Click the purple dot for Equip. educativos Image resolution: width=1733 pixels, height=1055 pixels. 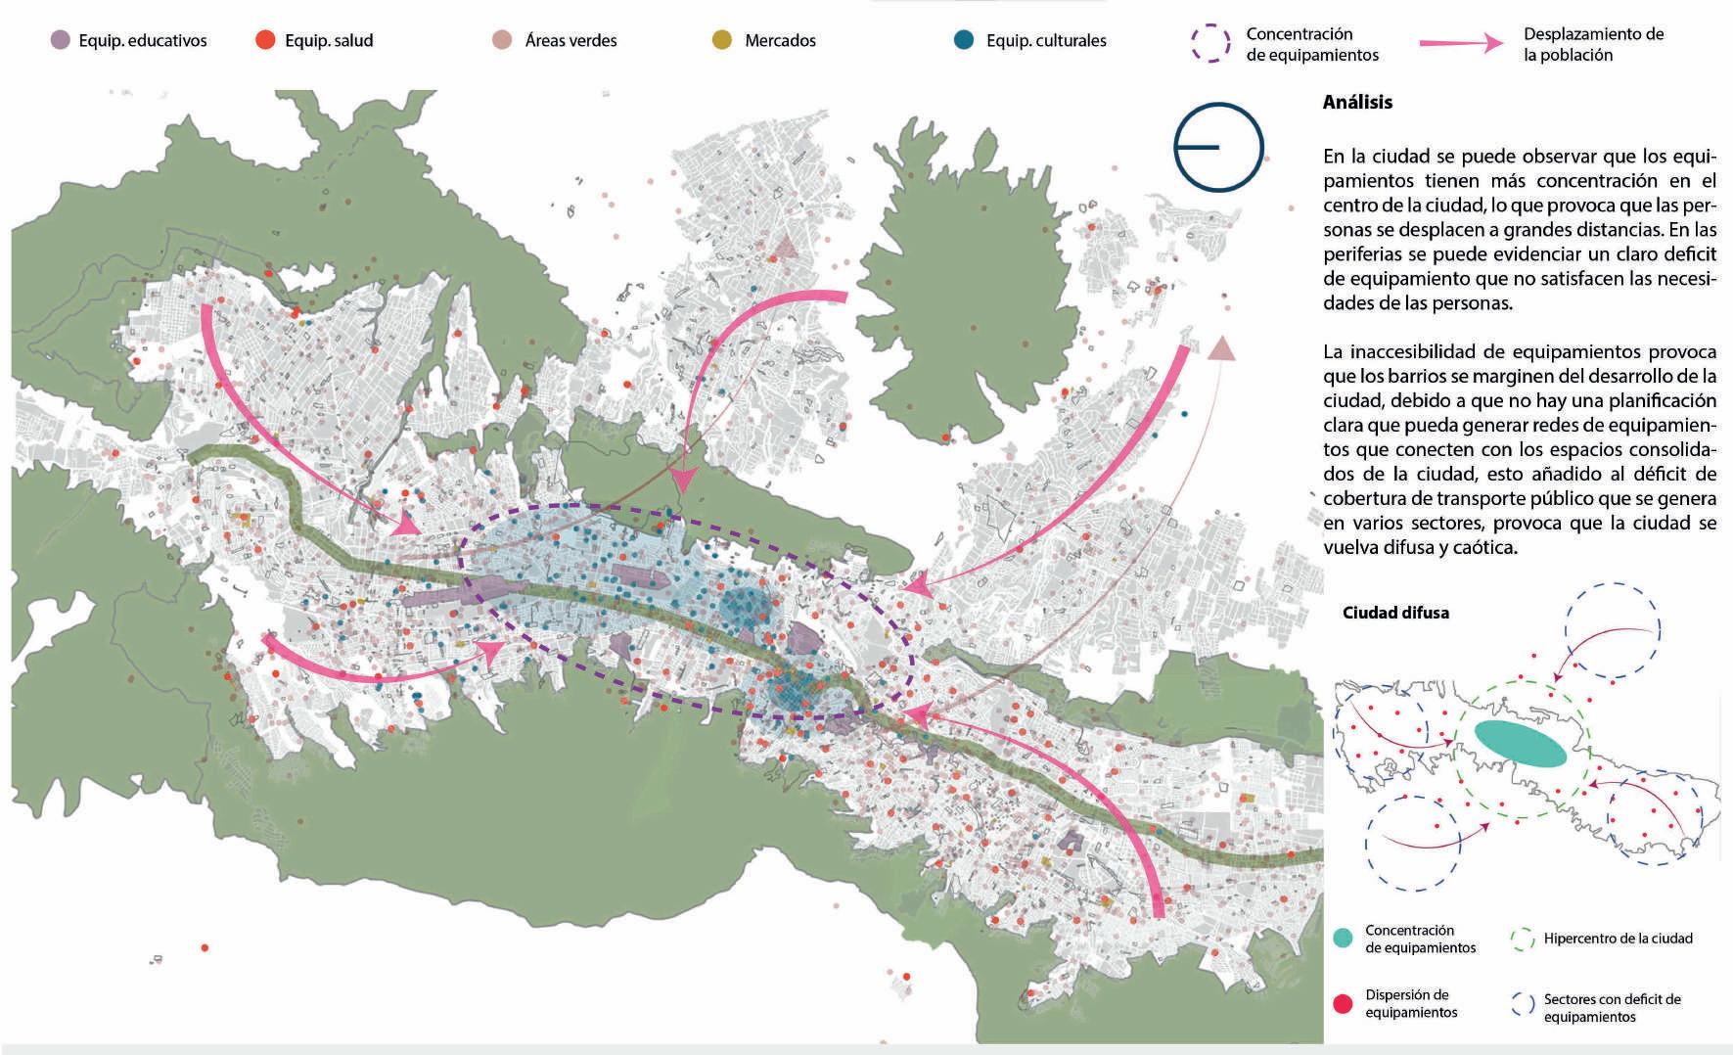[61, 41]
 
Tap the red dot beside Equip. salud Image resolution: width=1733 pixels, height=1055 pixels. [265, 41]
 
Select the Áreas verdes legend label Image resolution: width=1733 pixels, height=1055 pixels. [570, 41]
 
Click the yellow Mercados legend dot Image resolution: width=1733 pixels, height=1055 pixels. [722, 41]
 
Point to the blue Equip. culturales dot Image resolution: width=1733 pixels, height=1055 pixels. [965, 41]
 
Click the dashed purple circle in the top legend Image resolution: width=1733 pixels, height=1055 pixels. [1210, 44]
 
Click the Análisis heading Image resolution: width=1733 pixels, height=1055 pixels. [1357, 102]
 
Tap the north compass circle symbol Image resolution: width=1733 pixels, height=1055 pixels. [1219, 147]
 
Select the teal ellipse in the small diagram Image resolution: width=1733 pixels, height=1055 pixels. [1520, 745]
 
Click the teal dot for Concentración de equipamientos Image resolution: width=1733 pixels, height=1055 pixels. [1344, 939]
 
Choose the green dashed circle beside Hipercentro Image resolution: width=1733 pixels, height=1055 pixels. [1523, 940]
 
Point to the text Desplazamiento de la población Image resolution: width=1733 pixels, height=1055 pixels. [1593, 44]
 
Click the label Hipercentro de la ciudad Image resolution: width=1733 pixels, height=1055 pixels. [1618, 939]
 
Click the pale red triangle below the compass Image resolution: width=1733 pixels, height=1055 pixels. [1221, 346]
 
